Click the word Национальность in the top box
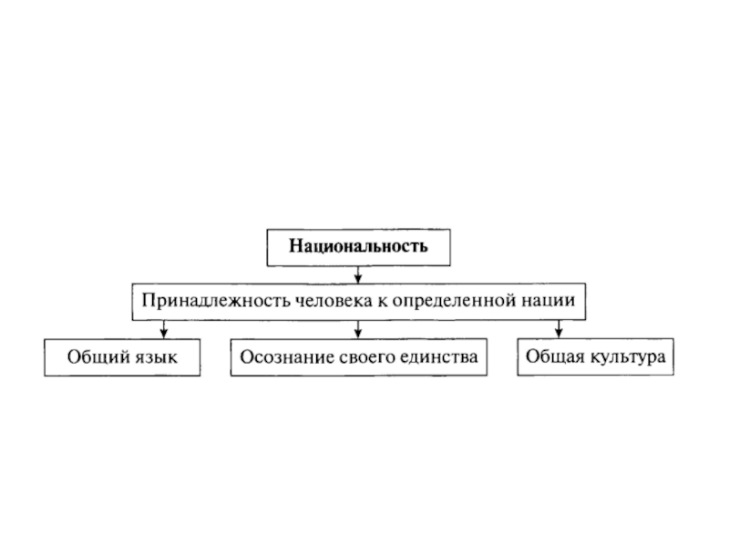tap(358, 245)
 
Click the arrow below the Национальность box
tap(358, 273)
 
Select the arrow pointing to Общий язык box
tap(163, 329)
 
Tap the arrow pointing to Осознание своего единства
tap(358, 329)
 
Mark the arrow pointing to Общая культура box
tap(558, 329)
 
